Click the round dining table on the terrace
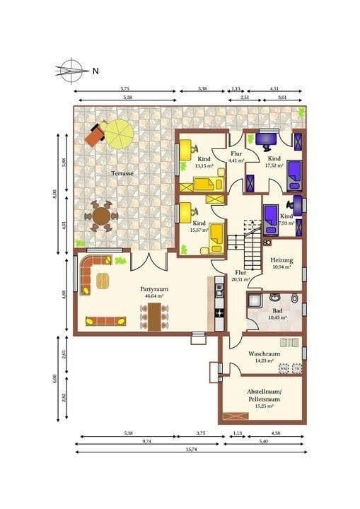(101, 216)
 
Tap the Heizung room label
(281, 259)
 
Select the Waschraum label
(265, 353)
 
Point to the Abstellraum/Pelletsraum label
(264, 395)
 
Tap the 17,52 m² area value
(274, 165)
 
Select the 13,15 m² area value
(204, 165)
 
